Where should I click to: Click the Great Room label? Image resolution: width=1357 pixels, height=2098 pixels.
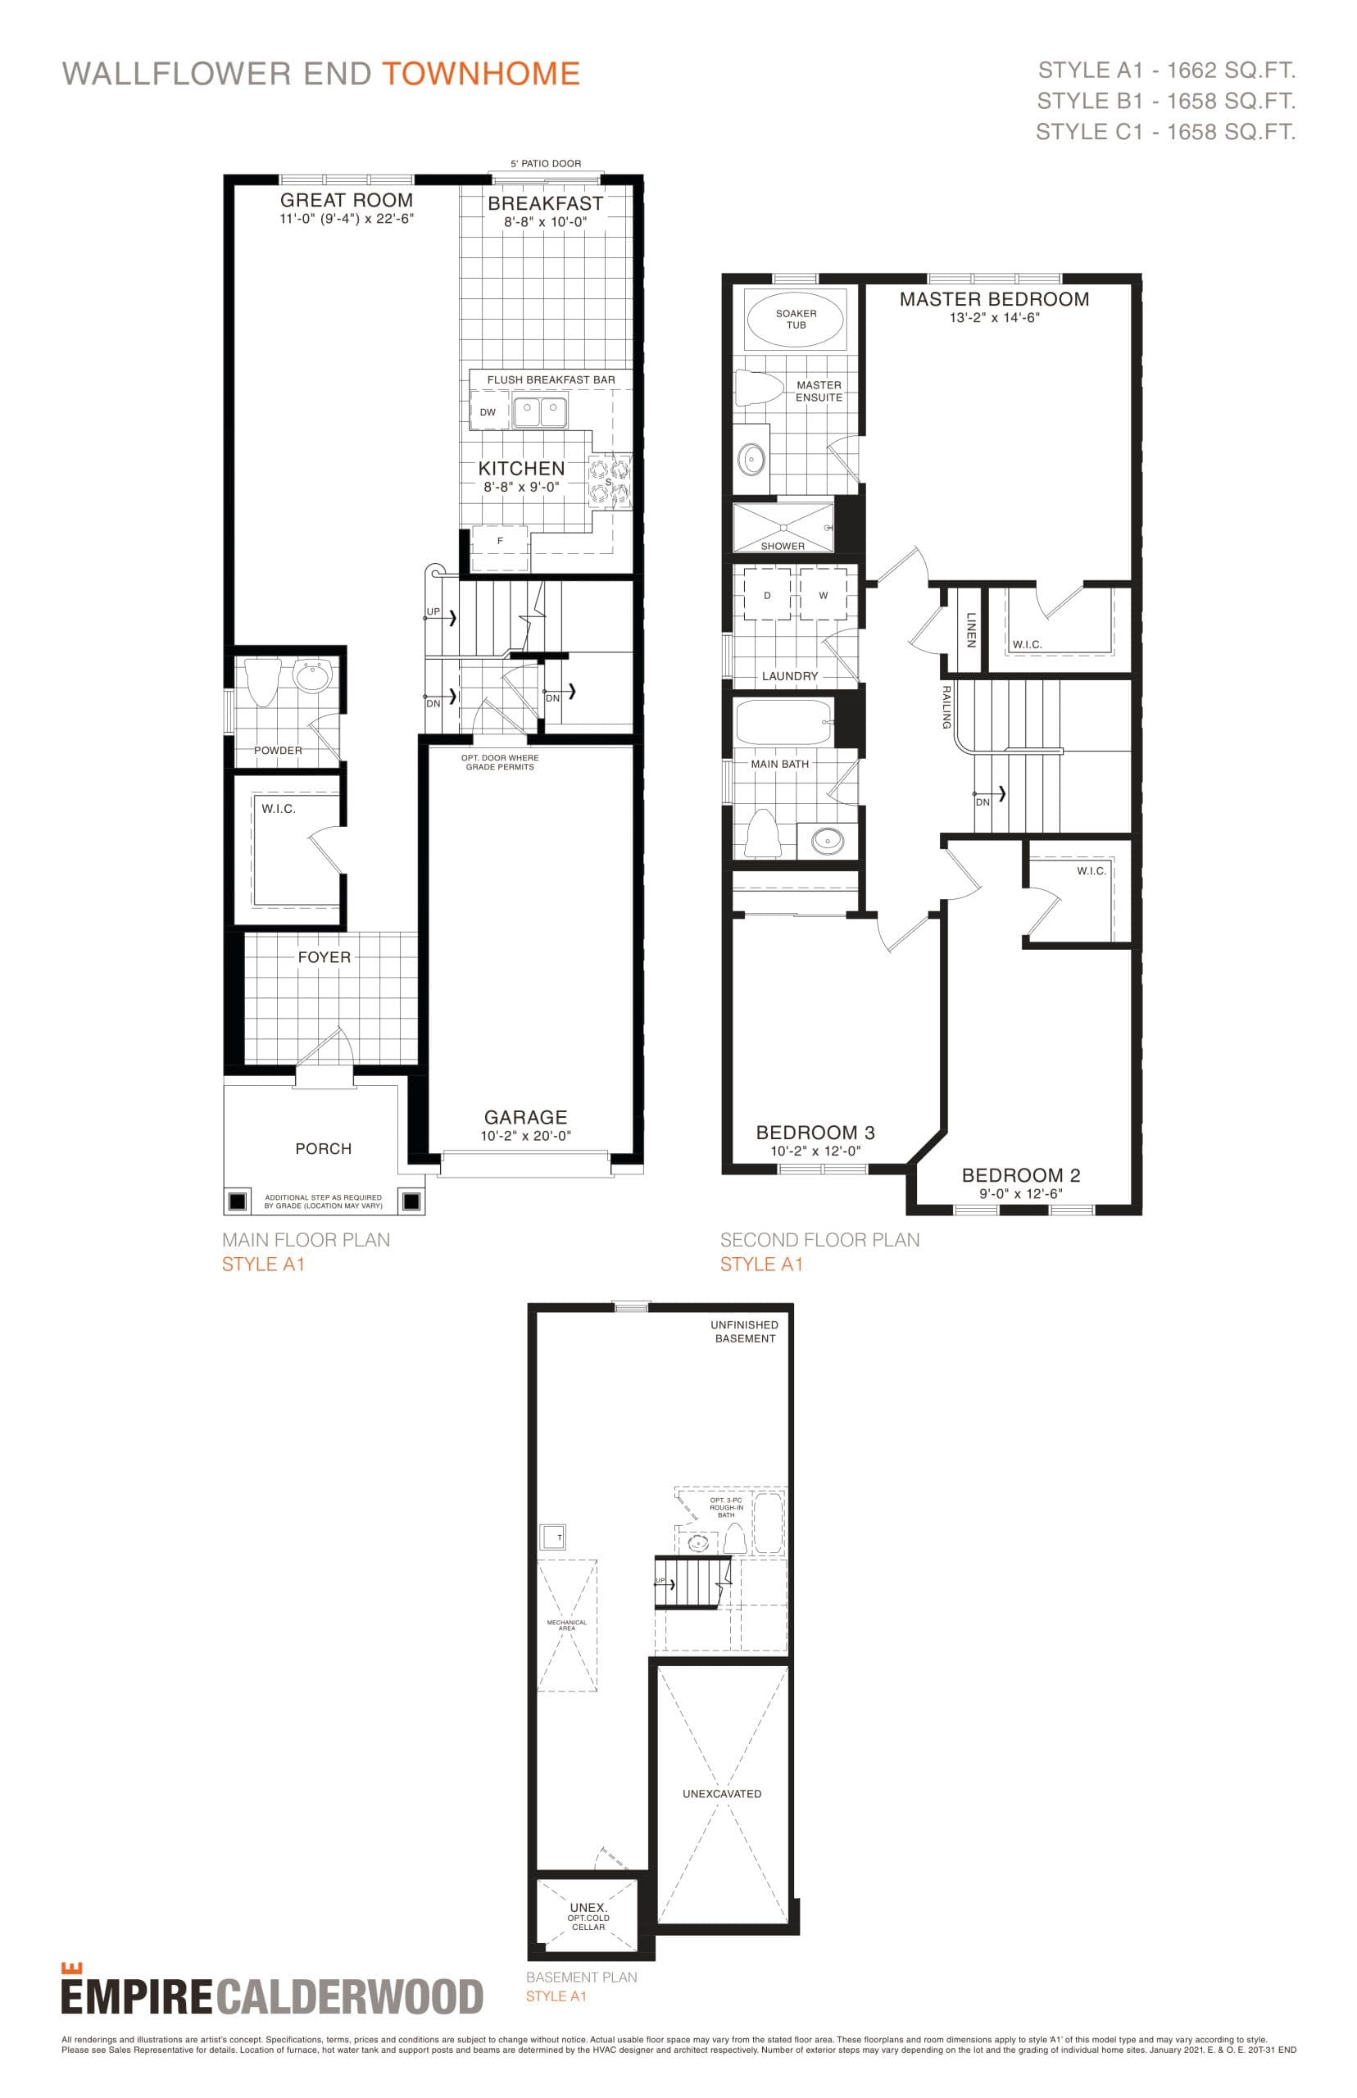[x=347, y=200]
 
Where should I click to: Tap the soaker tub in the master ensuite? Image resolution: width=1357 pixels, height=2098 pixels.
[x=795, y=319]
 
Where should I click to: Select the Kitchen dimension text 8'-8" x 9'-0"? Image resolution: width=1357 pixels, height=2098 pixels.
[x=521, y=488]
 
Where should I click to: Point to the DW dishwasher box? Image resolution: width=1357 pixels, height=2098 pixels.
[x=488, y=411]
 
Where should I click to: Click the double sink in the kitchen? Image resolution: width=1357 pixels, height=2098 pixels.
[x=540, y=411]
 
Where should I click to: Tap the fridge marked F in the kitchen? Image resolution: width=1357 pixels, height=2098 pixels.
[x=501, y=541]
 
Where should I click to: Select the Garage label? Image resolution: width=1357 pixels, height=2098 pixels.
[x=525, y=1117]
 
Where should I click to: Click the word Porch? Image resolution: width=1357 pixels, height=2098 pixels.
[x=324, y=1149]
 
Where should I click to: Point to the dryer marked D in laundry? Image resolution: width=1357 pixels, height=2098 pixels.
[x=767, y=596]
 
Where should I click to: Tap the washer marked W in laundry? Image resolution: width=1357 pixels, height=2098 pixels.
[x=823, y=596]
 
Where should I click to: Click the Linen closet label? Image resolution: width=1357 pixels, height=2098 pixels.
[x=971, y=630]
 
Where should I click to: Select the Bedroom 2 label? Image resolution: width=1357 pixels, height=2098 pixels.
[x=1020, y=1175]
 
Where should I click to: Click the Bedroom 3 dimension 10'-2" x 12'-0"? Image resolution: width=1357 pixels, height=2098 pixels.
[x=815, y=1151]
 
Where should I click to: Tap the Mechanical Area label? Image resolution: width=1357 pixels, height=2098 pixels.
[x=566, y=1625]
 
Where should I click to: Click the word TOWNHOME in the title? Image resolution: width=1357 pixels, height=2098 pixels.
[x=480, y=74]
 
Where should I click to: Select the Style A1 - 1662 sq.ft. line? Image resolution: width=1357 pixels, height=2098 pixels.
[x=1166, y=70]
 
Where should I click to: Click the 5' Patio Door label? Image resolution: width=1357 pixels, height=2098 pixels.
[x=546, y=164]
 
